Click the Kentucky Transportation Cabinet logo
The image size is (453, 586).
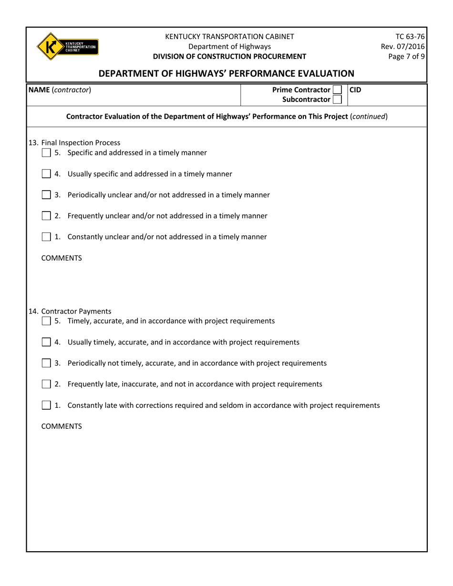(67, 46)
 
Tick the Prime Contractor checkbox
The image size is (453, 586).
(337, 90)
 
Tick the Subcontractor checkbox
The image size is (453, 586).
(337, 100)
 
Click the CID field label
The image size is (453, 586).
(356, 90)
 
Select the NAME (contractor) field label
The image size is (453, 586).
(60, 90)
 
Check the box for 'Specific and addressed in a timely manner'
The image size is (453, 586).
(46, 153)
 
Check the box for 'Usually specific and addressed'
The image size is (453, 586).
(46, 174)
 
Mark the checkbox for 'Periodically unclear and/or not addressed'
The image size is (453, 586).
(46, 195)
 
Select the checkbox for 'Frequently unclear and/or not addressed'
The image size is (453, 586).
(46, 216)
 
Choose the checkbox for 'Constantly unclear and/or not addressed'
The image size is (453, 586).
(46, 237)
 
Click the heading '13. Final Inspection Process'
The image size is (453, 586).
(74, 142)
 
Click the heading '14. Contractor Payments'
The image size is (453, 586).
(70, 312)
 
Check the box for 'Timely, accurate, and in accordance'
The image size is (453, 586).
(46, 321)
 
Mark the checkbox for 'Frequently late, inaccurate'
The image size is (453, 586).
(46, 384)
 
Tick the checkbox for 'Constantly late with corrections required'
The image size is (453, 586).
(46, 405)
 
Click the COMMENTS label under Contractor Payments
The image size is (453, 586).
(62, 426)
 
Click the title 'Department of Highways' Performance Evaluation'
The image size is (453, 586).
(226, 73)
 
